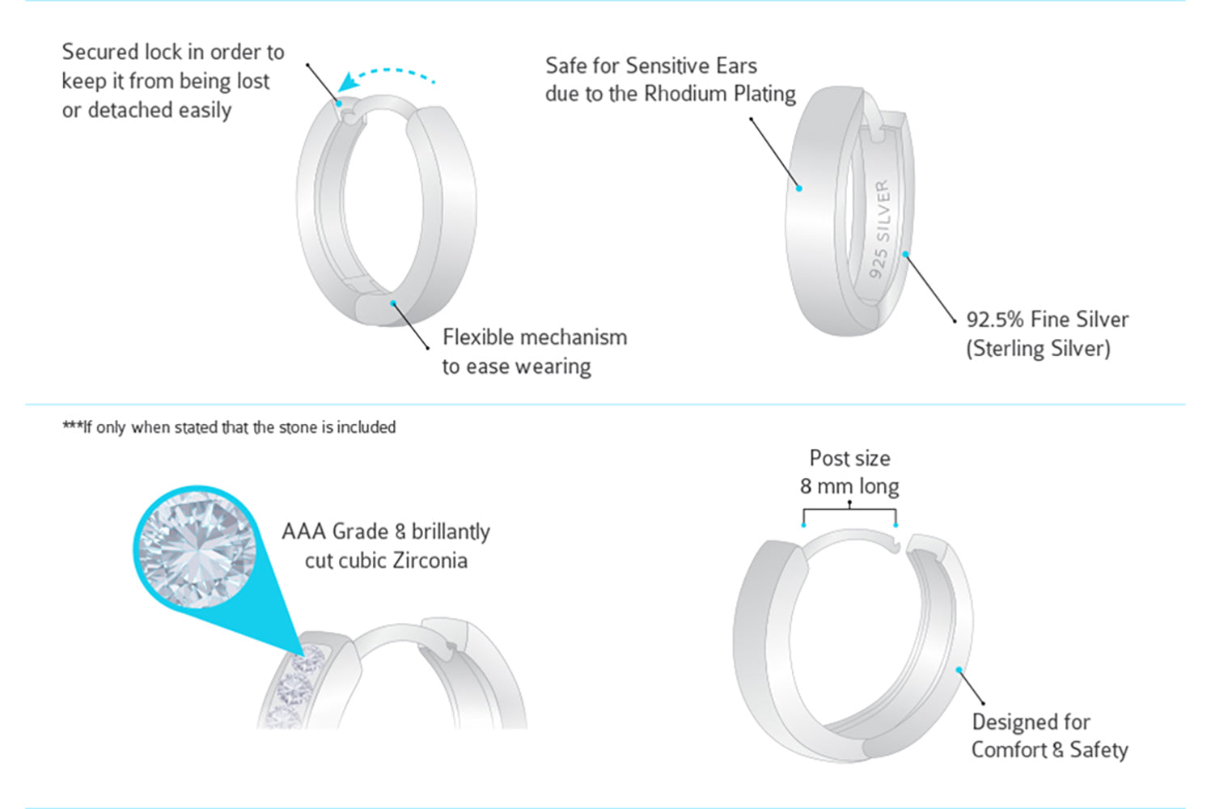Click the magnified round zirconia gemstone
[197, 550]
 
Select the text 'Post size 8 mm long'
[849, 472]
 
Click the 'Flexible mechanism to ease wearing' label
[534, 351]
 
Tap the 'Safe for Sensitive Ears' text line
[651, 66]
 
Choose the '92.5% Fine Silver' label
[1047, 320]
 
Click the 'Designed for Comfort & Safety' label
[1049, 735]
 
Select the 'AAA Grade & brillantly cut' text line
[386, 532]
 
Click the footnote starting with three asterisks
[229, 427]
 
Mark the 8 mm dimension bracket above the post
[849, 510]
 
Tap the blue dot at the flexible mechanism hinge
[393, 303]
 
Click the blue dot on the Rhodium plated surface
[798, 188]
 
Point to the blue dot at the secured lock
[340, 103]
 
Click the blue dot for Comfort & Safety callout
[959, 670]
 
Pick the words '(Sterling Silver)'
[1038, 349]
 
